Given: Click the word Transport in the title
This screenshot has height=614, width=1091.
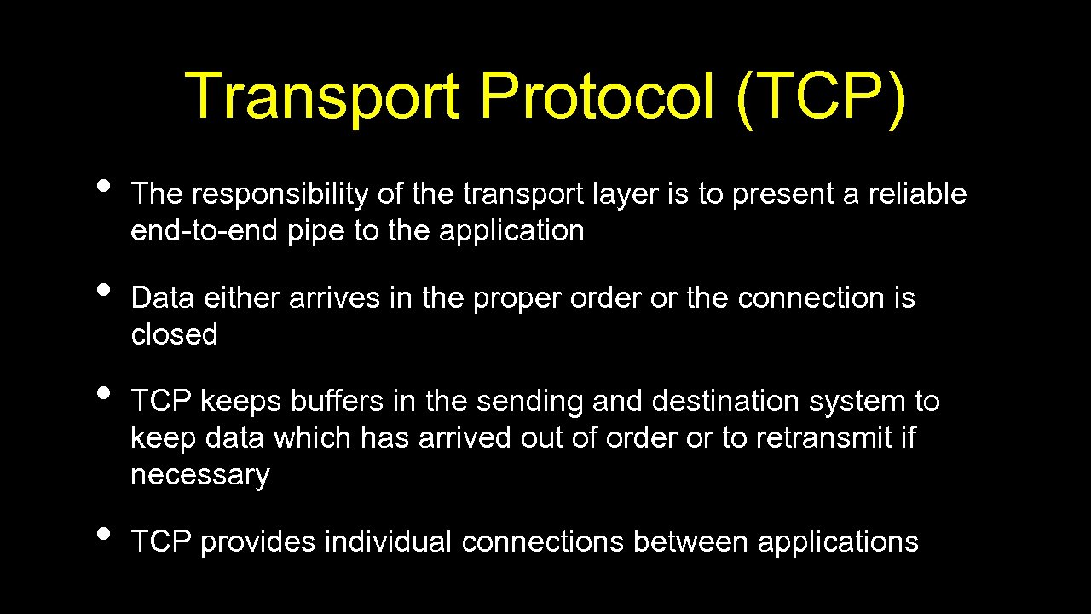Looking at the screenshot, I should [x=322, y=96].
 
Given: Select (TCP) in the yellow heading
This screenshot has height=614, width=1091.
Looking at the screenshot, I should [x=821, y=96].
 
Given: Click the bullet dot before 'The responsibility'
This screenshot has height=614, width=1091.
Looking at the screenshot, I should [x=104, y=187].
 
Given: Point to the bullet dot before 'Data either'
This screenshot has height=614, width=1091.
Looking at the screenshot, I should [x=104, y=290].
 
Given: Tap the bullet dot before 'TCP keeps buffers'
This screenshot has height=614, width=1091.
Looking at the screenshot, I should [x=104, y=393].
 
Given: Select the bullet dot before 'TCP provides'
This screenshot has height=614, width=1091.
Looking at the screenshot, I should [x=104, y=534].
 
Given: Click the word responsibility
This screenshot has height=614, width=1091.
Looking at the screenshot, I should [x=280, y=195].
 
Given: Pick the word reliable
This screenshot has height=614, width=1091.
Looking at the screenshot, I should [x=917, y=194].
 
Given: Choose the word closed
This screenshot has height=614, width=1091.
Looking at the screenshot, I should [x=174, y=334].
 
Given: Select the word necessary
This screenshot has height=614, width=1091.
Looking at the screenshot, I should [x=199, y=475].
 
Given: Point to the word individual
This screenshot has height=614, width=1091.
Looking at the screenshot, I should [x=388, y=542].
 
